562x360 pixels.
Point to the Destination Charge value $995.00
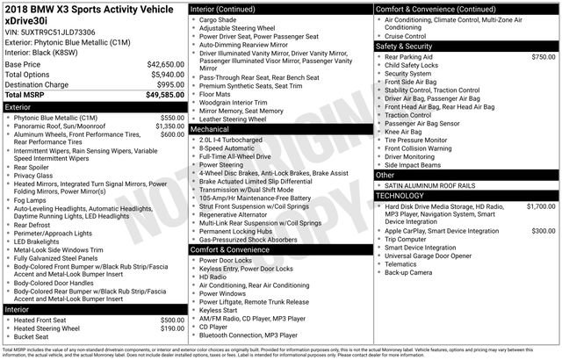coord(169,84)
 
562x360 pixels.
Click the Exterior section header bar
coord(93,105)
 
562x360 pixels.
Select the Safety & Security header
coord(465,46)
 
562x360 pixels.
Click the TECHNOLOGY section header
coord(465,195)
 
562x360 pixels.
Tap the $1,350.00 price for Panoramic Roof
coord(169,126)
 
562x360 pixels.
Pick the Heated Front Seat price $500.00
coord(171,320)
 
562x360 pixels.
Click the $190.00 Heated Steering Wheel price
coord(171,328)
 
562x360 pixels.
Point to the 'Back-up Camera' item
coord(408,272)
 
